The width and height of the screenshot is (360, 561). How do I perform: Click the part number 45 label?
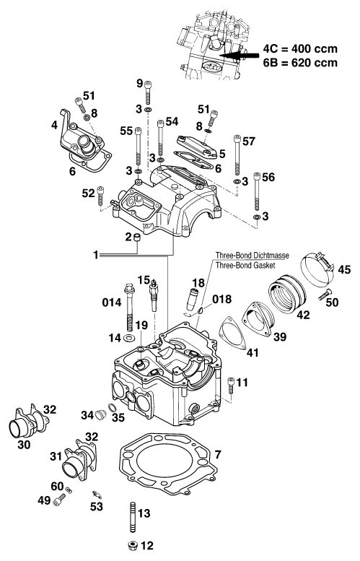pyautogui.click(x=344, y=269)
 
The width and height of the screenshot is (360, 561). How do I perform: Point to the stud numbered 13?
pyautogui.click(x=132, y=518)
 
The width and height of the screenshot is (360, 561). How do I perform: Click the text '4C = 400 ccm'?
pyautogui.click(x=300, y=48)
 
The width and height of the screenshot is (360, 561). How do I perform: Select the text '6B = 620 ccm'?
pyautogui.click(x=300, y=63)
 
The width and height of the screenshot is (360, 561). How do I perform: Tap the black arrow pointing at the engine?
pyautogui.click(x=239, y=56)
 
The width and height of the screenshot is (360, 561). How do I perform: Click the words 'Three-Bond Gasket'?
pyautogui.click(x=245, y=266)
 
